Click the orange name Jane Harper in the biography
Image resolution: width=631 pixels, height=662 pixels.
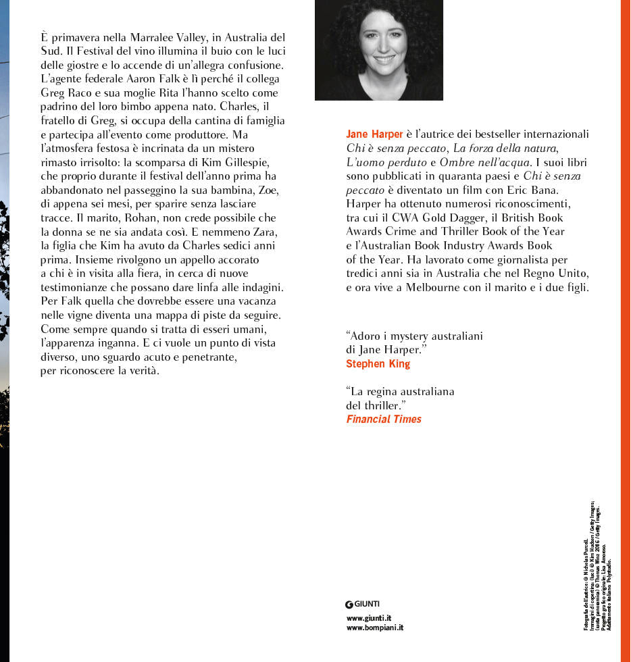pos(374,134)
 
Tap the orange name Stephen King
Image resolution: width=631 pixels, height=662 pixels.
pos(378,363)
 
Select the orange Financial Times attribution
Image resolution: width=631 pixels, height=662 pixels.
pos(383,419)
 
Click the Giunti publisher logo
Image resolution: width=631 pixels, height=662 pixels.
pos(362,603)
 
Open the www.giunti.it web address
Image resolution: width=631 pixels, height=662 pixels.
pos(369,617)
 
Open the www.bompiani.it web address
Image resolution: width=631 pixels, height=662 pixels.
pos(374,628)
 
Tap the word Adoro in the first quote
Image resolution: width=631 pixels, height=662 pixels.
pos(365,336)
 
